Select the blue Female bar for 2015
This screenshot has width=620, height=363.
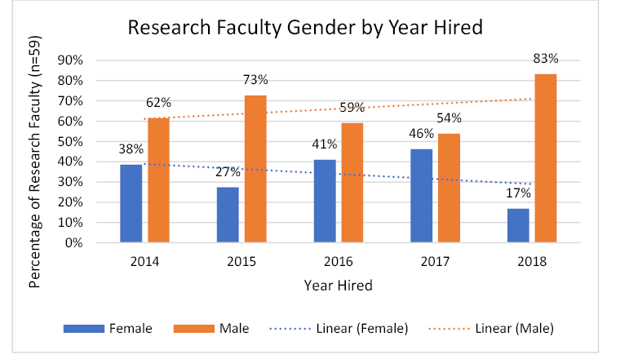pyautogui.click(x=228, y=215)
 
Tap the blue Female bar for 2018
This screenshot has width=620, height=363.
pyautogui.click(x=518, y=225)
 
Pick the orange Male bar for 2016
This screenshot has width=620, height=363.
pyautogui.click(x=352, y=183)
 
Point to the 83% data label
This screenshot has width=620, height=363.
pyautogui.click(x=546, y=59)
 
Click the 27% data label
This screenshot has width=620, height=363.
pyautogui.click(x=228, y=172)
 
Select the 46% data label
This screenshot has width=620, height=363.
pyautogui.click(x=421, y=134)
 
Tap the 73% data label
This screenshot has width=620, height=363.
pyautogui.click(x=255, y=79)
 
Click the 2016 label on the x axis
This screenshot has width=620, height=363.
pyautogui.click(x=339, y=262)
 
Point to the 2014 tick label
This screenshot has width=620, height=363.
pyautogui.click(x=145, y=262)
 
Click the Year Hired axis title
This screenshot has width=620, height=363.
pyautogui.click(x=338, y=286)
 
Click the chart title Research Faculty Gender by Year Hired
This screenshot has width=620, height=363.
pyautogui.click(x=305, y=28)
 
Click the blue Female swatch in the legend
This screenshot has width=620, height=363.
pyautogui.click(x=83, y=329)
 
